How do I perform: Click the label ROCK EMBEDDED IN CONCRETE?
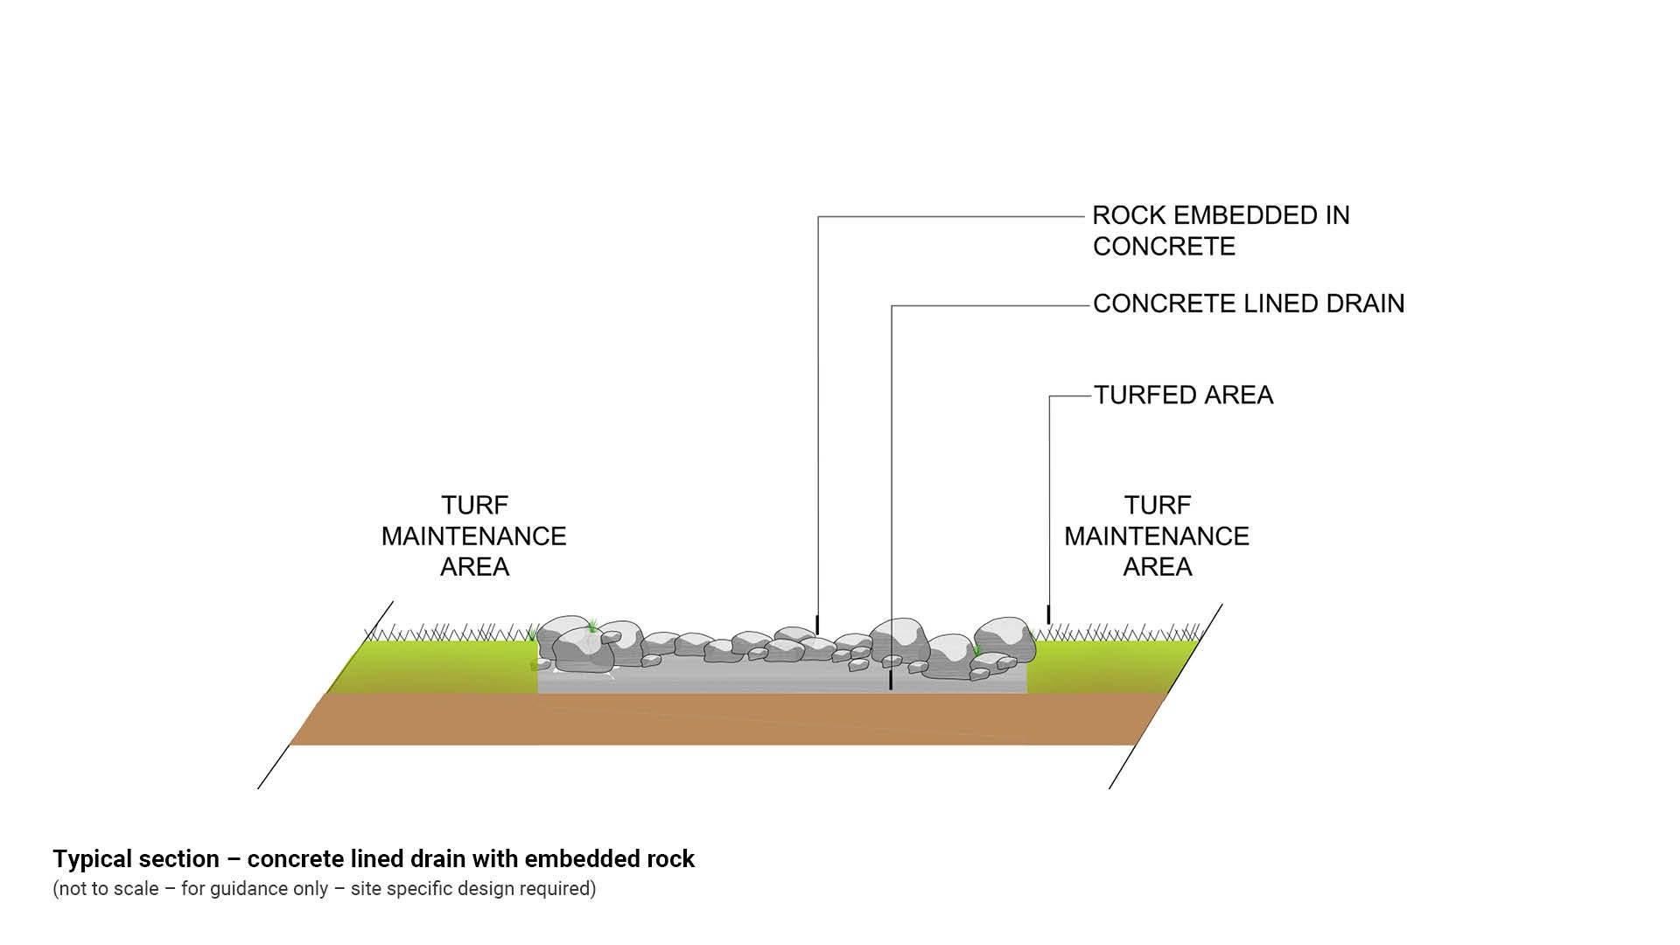[1220, 231]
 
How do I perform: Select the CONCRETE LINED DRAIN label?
[1248, 304]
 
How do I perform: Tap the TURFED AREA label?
[1183, 395]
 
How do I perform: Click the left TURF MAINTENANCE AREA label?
[473, 535]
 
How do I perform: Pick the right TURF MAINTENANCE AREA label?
[1156, 535]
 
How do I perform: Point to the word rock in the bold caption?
[670, 859]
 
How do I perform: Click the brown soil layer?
[717, 719]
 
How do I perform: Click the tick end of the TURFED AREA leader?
[1048, 614]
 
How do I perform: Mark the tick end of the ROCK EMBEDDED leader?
[817, 625]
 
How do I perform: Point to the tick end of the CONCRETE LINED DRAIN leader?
[891, 680]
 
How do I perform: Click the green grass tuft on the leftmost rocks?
[592, 625]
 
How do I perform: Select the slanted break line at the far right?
[1165, 696]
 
